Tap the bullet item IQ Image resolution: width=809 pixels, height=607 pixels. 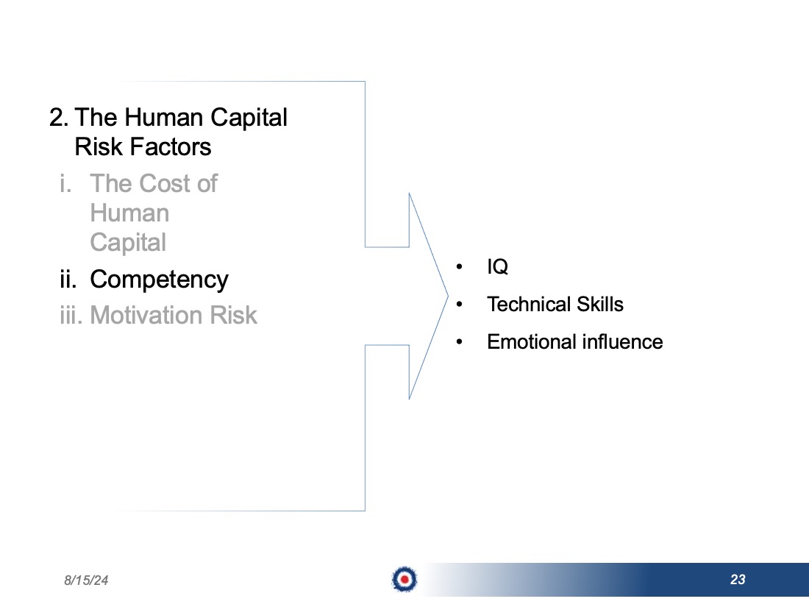coord(497,267)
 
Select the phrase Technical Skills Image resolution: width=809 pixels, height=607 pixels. coord(555,304)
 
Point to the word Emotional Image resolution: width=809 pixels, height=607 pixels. coord(531,341)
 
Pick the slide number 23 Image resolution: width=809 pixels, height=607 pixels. coord(738,580)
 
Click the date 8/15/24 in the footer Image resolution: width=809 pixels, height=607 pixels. coord(86,581)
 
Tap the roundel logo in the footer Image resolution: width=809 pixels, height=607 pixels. coord(404,579)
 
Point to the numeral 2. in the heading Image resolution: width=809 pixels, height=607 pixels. coord(59,118)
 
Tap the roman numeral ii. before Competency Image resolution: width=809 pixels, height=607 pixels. coord(68,280)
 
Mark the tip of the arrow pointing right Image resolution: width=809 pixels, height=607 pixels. coord(448,297)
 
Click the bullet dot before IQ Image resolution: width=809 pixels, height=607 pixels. coord(459,267)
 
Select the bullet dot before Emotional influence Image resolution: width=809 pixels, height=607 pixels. coord(459,341)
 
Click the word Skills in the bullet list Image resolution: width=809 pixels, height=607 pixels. coord(600,304)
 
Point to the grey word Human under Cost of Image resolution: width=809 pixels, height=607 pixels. coord(129,213)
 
